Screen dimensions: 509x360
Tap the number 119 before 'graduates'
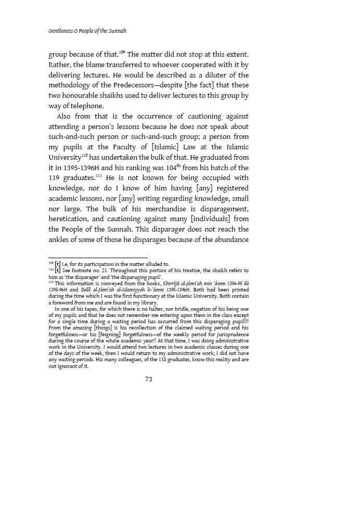pyautogui.click(x=55, y=178)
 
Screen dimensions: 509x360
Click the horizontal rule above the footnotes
pyautogui.click(x=98, y=258)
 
